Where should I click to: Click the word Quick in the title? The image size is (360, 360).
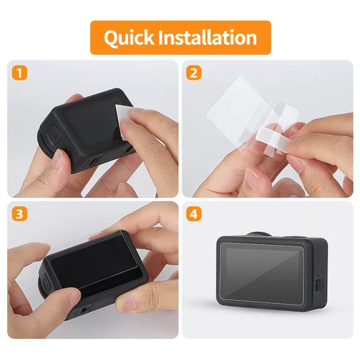[129, 38]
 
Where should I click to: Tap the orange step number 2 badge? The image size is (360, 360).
[194, 73]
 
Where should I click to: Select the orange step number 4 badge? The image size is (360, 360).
[194, 215]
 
